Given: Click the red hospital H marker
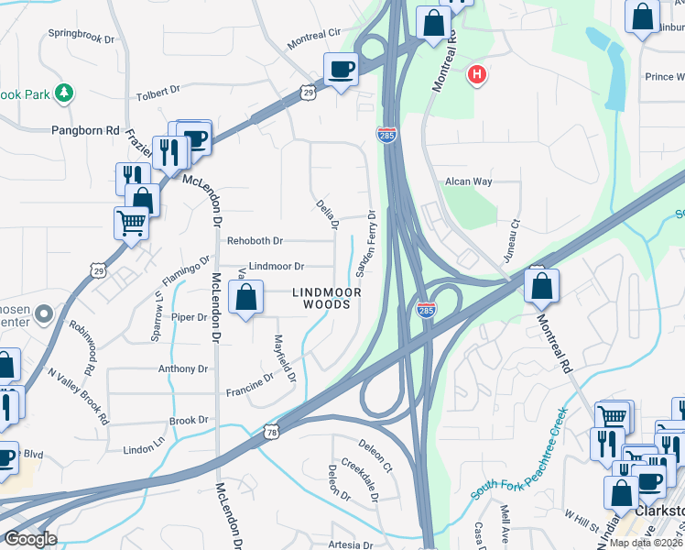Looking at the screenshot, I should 476,76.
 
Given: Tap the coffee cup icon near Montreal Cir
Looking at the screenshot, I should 341,70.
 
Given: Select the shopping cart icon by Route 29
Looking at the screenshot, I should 131,221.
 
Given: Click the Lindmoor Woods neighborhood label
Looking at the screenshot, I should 327,298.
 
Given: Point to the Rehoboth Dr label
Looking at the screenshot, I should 254,241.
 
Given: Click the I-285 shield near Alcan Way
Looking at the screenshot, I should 386,135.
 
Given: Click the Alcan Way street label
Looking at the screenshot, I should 469,181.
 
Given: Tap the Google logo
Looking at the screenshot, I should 29,538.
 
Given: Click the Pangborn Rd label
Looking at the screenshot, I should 86,131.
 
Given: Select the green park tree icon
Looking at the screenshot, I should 64,93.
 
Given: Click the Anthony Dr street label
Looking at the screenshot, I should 183,369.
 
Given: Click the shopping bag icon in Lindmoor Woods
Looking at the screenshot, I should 245,298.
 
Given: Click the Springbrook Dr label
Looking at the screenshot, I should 82,40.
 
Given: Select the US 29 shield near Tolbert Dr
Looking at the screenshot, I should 309,92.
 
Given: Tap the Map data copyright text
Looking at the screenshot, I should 647,543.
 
